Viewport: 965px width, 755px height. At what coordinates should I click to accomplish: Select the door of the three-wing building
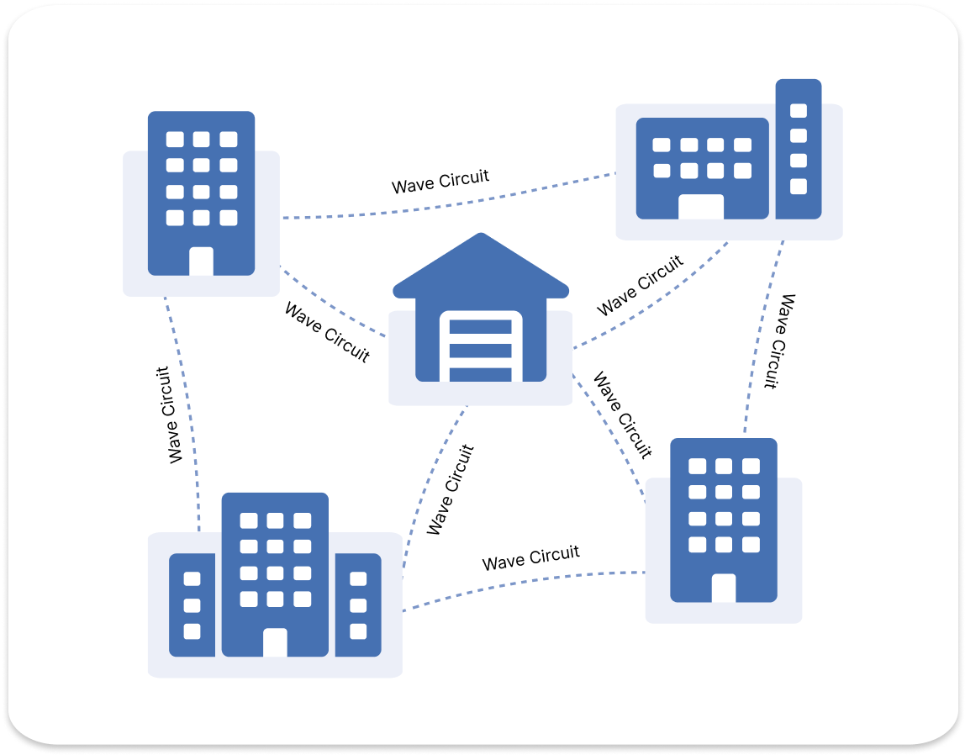275,642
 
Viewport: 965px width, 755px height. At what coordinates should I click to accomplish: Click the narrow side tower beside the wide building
798,149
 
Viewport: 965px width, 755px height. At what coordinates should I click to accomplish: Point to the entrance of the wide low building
701,207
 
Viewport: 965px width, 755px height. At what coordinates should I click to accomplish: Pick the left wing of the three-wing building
192,605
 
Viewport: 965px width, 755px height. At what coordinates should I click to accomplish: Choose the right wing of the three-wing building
358,605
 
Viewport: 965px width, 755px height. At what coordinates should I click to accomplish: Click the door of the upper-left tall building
201,261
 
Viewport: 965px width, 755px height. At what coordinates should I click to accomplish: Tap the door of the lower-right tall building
723,588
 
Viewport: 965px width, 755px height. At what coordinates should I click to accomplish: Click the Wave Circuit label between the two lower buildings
531,557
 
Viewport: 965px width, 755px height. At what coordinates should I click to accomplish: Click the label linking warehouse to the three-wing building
451,490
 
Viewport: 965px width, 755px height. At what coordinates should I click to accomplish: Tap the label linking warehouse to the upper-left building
327,332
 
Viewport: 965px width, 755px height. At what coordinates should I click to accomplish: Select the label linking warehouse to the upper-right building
641,286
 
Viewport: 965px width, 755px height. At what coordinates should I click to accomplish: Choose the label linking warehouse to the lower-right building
622,415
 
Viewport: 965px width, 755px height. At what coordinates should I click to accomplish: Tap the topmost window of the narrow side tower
799,111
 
